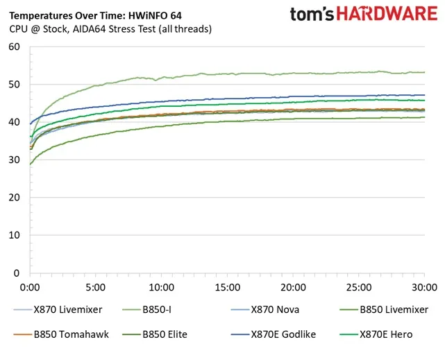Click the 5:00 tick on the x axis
(96, 286)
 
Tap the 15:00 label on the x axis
(227, 286)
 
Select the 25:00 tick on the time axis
(358, 286)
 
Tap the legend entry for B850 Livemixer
(393, 309)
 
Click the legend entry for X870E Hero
(385, 334)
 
